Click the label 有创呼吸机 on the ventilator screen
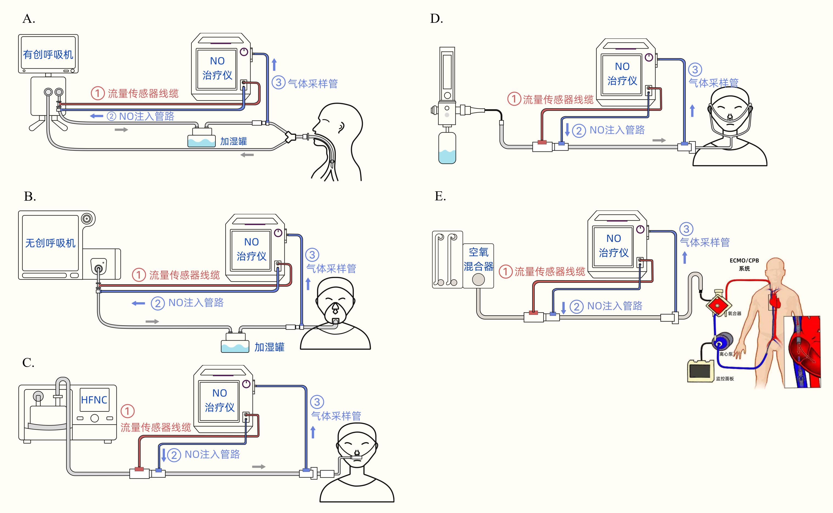click(x=48, y=54)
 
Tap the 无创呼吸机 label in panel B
click(x=50, y=243)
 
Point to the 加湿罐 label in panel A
click(x=233, y=141)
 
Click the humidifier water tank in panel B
click(x=235, y=346)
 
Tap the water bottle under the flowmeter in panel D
click(x=447, y=148)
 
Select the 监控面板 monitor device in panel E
click(x=700, y=371)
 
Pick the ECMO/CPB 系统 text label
click(x=744, y=264)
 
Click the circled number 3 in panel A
click(x=279, y=82)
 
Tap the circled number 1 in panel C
click(x=128, y=411)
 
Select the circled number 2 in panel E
click(x=576, y=307)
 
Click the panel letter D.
click(x=436, y=19)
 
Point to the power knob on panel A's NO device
click(x=244, y=52)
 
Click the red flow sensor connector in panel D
click(x=542, y=142)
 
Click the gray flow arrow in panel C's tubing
click(x=259, y=467)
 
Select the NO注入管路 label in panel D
click(x=617, y=130)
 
